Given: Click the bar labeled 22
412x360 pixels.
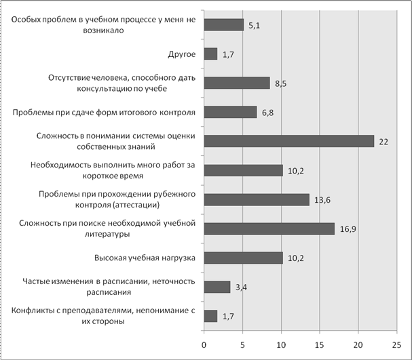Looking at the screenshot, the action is click(x=289, y=141).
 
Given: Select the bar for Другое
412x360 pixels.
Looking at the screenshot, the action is click(x=210, y=54).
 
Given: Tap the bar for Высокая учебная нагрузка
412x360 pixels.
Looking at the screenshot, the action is click(x=244, y=258).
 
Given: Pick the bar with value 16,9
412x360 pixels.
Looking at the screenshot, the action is click(x=269, y=228).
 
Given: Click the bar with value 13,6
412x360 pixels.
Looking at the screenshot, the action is click(x=257, y=200).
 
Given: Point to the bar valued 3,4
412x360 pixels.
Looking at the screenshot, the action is click(x=217, y=287).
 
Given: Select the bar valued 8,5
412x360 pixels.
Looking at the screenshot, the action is click(x=237, y=83).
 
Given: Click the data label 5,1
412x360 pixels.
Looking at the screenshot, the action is click(x=254, y=26).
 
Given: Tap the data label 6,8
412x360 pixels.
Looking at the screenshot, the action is click(x=267, y=113).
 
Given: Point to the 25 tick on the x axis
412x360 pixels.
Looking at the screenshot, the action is click(x=397, y=345).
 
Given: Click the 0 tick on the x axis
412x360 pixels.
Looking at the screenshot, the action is click(x=204, y=345).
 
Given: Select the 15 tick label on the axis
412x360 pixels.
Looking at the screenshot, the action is click(x=320, y=345).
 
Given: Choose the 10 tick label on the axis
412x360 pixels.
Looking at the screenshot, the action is click(x=281, y=345).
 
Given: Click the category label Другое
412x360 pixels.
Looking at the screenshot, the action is click(x=182, y=54).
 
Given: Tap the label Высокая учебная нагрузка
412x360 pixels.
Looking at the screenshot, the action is click(x=145, y=258).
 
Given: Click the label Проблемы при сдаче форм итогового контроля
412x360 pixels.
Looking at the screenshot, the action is click(x=104, y=113).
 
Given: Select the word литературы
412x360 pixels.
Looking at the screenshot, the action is click(x=107, y=234).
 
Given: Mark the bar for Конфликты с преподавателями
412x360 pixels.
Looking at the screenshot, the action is click(x=210, y=316).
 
